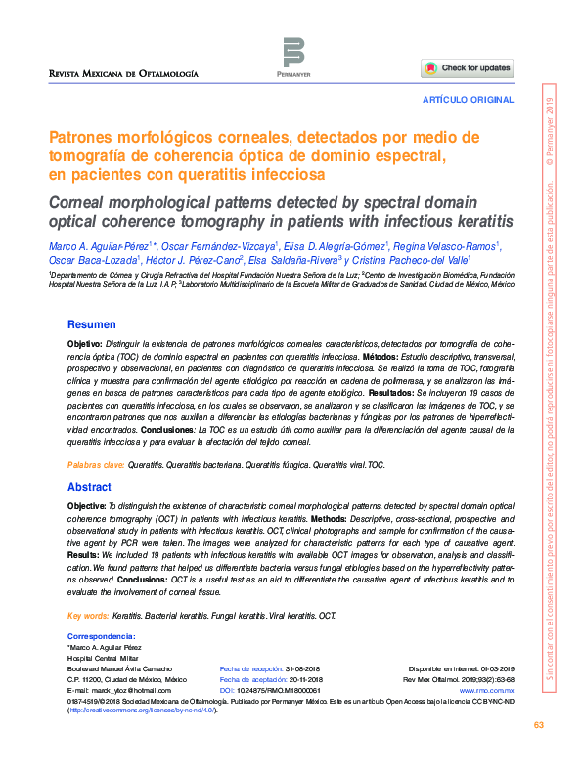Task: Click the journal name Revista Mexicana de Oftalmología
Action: pos(124,74)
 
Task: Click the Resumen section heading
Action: pos(91,324)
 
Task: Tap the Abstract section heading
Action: pos(89,487)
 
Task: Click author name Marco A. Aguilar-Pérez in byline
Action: pos(92,246)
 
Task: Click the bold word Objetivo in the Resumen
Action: pos(84,345)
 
